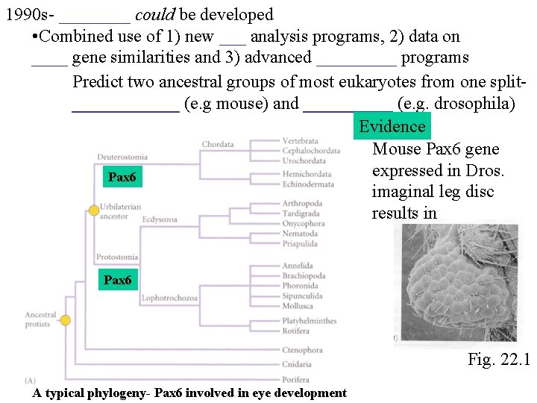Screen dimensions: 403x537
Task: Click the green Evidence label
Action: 392,126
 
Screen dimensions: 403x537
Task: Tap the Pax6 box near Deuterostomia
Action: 122,177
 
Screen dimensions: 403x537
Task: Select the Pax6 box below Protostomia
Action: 117,280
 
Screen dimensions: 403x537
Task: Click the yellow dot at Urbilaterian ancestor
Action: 94,211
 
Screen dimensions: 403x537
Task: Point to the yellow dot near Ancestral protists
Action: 66,320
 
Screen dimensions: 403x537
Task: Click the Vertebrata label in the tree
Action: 300,140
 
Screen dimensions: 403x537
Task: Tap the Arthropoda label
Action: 302,203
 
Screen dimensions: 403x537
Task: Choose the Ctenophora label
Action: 302,350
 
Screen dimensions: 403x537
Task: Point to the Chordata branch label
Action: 218,144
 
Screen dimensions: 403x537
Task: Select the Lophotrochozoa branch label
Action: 169,299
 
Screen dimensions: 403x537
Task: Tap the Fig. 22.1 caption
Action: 498,360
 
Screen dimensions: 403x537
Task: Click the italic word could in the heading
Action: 154,14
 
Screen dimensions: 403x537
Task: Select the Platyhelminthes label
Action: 309,321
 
